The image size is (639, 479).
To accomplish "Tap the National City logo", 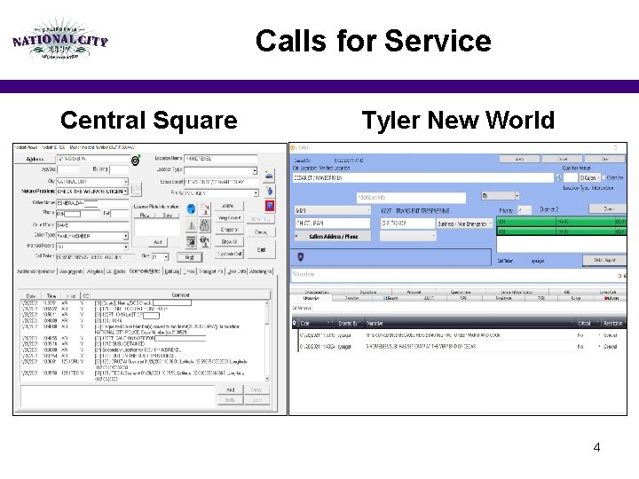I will click(60, 39).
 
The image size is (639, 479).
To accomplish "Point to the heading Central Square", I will click(148, 120).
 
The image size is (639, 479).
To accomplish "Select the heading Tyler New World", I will click(458, 120).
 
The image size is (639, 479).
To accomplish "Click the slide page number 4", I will click(596, 447).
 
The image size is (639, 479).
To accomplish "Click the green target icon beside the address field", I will click(136, 161).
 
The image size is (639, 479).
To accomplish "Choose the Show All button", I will click(229, 241).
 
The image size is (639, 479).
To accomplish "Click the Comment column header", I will click(181, 294).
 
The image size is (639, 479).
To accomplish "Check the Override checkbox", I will click(603, 177).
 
